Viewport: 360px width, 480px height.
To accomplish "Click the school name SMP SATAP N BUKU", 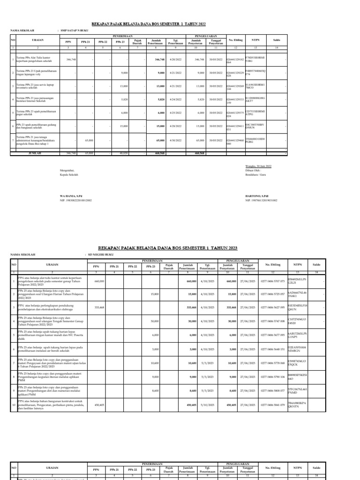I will (x=75, y=30).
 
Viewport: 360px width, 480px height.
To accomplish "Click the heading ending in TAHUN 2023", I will (x=168, y=247).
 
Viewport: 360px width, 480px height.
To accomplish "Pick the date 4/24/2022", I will (x=175, y=99).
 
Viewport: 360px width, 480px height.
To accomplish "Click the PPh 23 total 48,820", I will (x=124, y=153).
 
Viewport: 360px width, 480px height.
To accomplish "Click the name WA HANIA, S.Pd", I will (x=71, y=195).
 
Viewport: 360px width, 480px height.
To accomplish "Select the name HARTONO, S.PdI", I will (x=257, y=195).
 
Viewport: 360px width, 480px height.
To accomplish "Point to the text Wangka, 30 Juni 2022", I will (x=258, y=166).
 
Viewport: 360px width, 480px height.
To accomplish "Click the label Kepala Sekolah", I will (x=69, y=174).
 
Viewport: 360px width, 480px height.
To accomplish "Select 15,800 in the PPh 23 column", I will (x=154, y=294).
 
